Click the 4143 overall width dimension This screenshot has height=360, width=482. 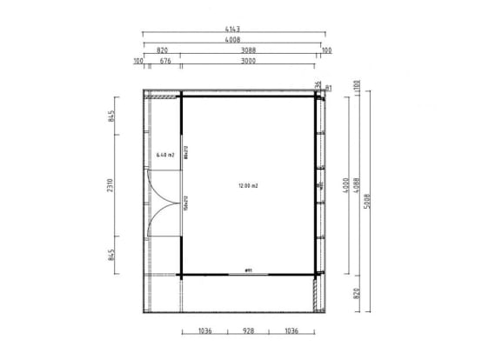[234, 30]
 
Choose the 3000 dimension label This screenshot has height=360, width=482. [248, 61]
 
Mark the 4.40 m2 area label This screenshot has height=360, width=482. [165, 155]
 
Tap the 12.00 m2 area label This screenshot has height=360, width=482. [249, 185]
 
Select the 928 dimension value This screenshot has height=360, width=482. [248, 331]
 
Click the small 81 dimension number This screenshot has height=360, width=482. [328, 87]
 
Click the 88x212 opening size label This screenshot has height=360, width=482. [185, 153]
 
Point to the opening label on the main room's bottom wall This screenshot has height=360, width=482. [249, 269]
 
